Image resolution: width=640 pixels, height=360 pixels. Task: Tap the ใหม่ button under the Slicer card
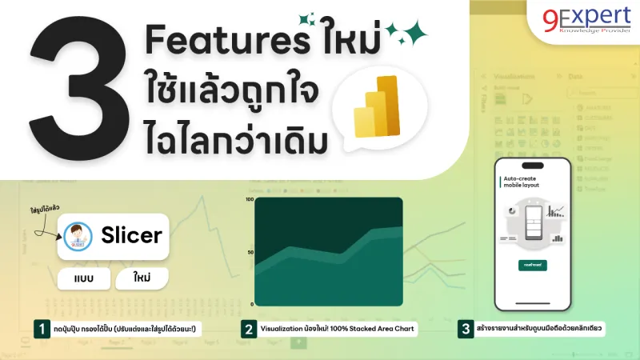(x=144, y=279)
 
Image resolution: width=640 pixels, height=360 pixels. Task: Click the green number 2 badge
(x=249, y=328)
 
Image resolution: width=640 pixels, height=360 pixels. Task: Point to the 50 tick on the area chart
(x=250, y=252)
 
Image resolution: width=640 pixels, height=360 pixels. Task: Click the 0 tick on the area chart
(x=252, y=305)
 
